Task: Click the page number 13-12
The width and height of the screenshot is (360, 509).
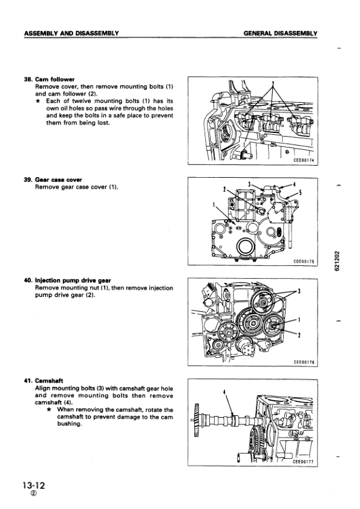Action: click(34, 485)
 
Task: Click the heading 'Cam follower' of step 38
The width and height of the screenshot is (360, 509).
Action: click(54, 79)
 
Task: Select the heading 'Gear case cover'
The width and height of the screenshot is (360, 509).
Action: click(59, 180)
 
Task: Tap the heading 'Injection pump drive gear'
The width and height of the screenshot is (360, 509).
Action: click(73, 280)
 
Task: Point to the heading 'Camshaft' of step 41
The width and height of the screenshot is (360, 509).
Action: click(49, 381)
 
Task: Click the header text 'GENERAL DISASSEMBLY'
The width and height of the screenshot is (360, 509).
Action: click(280, 33)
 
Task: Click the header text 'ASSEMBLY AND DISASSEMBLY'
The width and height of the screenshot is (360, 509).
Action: click(71, 33)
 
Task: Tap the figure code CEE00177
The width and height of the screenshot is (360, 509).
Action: click(303, 462)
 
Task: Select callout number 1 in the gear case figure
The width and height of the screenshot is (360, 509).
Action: click(214, 205)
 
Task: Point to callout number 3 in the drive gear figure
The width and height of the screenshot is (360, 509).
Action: click(299, 291)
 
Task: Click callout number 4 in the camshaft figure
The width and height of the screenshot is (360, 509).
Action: click(224, 392)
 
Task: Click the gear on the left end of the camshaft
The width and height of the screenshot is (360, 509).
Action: click(196, 420)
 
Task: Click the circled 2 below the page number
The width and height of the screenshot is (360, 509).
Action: click(34, 493)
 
